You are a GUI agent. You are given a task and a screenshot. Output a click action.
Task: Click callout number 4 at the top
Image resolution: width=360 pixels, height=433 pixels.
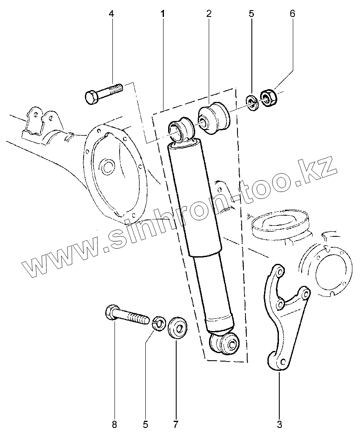click(x=112, y=14)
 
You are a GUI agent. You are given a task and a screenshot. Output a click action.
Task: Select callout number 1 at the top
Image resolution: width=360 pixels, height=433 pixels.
click(x=163, y=14)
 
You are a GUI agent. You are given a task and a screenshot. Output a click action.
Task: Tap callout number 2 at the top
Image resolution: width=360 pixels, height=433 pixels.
click(x=209, y=14)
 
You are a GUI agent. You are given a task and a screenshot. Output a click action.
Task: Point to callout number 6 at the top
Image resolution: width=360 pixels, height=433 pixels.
click(x=292, y=14)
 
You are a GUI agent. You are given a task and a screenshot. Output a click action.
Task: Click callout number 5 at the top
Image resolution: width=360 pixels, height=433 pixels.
click(x=251, y=14)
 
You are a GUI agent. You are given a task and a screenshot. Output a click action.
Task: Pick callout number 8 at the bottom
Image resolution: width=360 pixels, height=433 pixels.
click(x=114, y=423)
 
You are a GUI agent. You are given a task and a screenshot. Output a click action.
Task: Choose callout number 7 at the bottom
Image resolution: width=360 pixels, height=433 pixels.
click(x=176, y=423)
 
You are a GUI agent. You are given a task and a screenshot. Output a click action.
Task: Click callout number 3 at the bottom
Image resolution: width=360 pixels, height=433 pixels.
click(x=279, y=423)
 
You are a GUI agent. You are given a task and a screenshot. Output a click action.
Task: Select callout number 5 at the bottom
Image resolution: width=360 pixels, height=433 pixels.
click(x=145, y=423)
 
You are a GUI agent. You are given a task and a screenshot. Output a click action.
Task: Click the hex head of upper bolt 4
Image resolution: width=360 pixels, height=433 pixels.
click(x=92, y=96)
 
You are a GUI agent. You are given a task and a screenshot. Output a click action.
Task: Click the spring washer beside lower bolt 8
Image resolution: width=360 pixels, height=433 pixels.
click(x=158, y=324)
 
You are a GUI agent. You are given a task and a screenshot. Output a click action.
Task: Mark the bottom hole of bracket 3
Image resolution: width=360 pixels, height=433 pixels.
click(x=281, y=361)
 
